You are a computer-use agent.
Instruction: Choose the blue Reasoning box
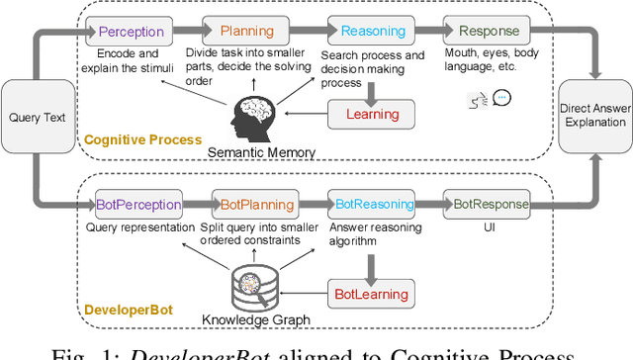pos(366,32)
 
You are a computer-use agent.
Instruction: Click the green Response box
pos(481,32)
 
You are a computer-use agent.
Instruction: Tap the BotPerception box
pos(137,205)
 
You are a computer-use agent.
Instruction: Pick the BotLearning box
pos(369,293)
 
